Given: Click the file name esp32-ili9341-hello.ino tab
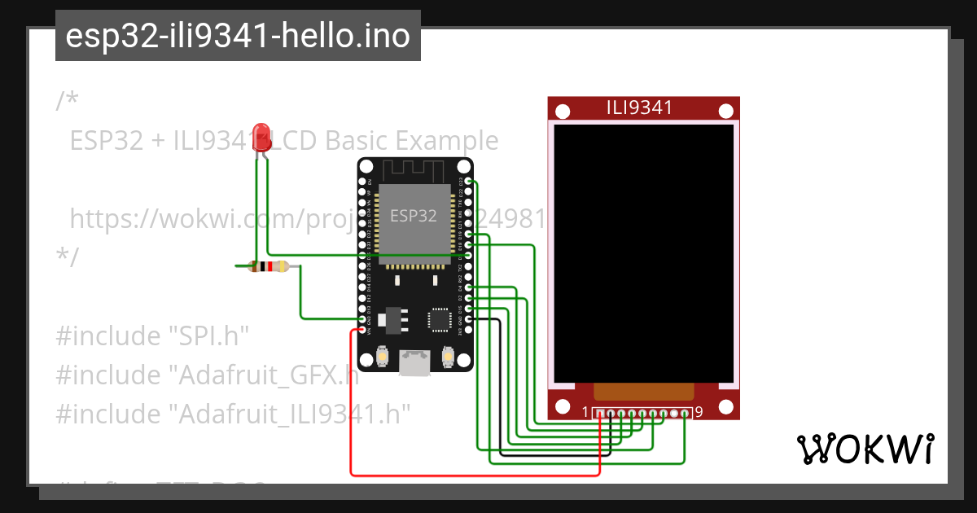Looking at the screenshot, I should [x=238, y=36].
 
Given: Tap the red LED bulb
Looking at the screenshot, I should [x=261, y=134].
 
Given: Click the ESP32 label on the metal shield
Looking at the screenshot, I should [x=413, y=216].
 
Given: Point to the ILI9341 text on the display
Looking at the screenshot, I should [x=639, y=107].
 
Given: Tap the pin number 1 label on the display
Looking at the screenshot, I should [x=585, y=413].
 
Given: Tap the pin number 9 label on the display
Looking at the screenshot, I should [x=699, y=413].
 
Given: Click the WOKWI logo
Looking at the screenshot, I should [x=865, y=449].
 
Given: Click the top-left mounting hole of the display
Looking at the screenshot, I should [x=562, y=109].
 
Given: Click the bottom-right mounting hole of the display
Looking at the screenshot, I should [x=725, y=407].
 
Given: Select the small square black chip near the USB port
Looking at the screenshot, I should [x=440, y=319].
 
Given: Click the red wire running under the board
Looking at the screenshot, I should [x=472, y=474].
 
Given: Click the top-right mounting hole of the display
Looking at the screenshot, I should [x=725, y=109].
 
